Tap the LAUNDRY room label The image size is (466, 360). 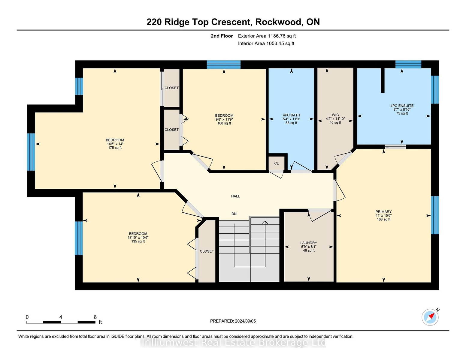click(309, 243)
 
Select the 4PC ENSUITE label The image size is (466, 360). click(402, 106)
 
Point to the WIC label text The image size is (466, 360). click(335, 115)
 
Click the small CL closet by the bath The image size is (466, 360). click(277, 163)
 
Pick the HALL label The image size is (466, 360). click(235, 196)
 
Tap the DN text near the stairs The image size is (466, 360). click(234, 214)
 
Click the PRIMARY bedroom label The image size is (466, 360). click(384, 212)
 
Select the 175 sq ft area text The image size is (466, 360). click(115, 148)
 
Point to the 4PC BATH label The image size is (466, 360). click(291, 115)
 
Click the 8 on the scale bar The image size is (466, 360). click(95, 317)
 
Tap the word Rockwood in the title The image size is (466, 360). click(278, 22)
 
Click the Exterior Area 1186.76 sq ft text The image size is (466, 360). click(267, 36)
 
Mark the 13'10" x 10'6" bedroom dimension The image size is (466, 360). click(138, 238)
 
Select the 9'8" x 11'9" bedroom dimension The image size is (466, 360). click(224, 119)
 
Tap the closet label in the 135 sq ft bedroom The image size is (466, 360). click(207, 251)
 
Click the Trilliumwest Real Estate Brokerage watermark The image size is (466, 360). click(233, 342)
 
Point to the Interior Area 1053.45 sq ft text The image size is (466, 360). click(266, 43)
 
